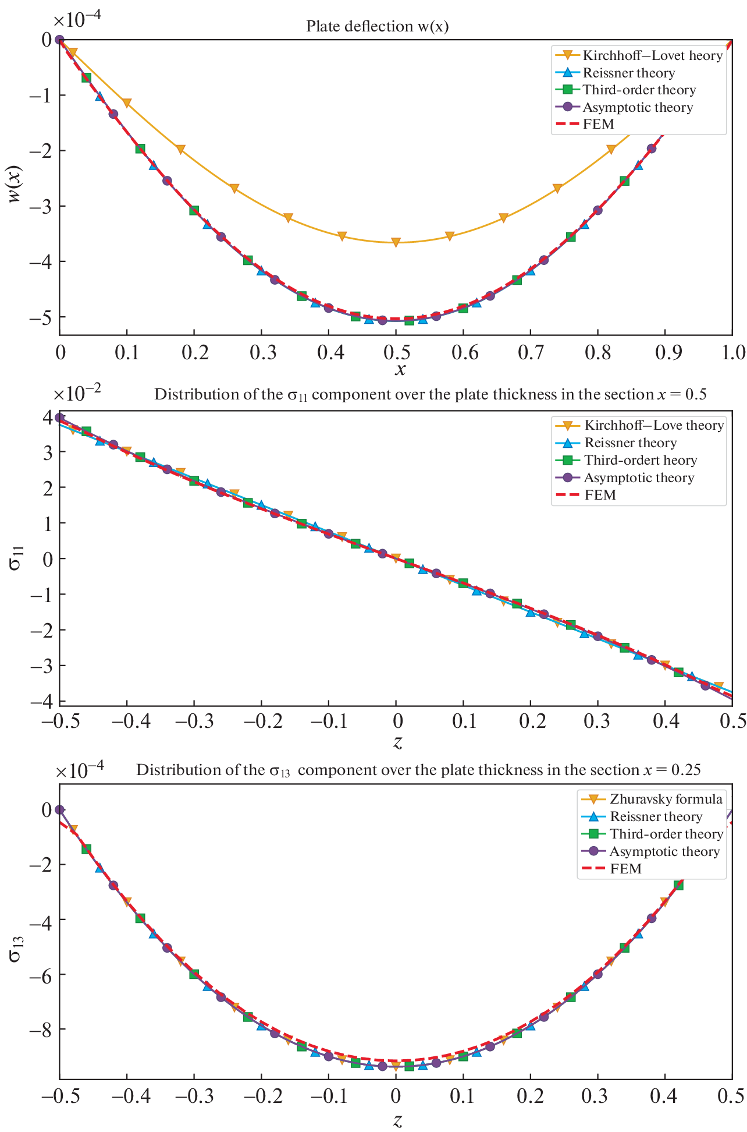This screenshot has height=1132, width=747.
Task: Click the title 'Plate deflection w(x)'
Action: click(377, 26)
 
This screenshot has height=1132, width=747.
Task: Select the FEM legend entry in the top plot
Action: click(598, 124)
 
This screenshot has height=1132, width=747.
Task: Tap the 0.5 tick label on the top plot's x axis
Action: click(396, 353)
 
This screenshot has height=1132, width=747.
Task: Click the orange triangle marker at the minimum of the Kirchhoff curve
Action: click(396, 242)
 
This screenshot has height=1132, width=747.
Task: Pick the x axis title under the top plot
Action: click(400, 370)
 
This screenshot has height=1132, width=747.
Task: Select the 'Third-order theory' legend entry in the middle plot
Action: click(641, 460)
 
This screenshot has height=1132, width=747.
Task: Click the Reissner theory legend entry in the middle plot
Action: click(631, 443)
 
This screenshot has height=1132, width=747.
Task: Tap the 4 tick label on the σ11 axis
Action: click(47, 416)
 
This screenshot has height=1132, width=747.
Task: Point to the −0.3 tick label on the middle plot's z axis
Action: click(194, 722)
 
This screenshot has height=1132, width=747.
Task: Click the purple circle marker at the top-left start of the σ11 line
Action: click(59, 418)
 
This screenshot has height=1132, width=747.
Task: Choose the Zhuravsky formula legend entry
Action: click(666, 799)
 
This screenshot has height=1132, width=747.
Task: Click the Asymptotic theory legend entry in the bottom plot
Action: click(664, 851)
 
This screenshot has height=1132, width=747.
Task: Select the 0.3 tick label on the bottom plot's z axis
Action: click(598, 1096)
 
